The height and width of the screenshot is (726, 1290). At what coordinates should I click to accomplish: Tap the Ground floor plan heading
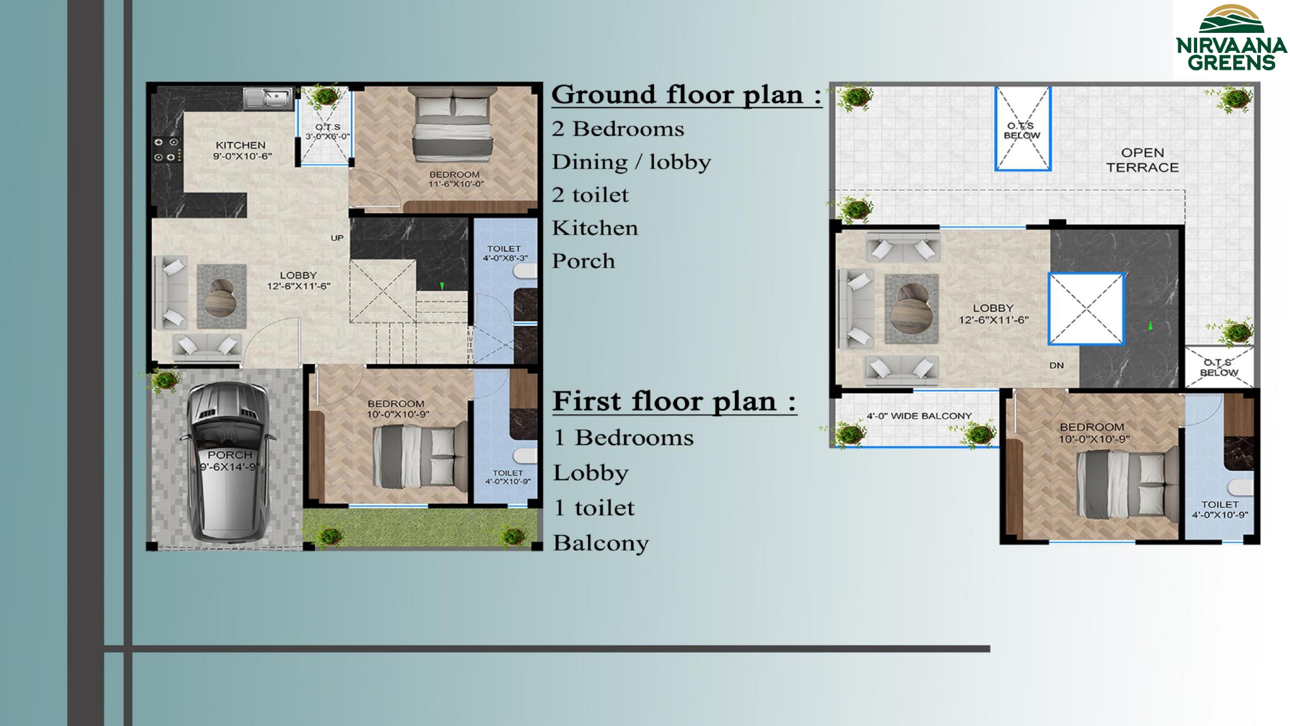point(687,96)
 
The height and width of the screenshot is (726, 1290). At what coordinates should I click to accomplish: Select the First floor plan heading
point(675,401)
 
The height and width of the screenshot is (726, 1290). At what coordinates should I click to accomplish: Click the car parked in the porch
point(228,461)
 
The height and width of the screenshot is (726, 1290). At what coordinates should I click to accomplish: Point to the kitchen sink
point(268,97)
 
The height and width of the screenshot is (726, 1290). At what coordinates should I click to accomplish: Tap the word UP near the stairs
point(337,238)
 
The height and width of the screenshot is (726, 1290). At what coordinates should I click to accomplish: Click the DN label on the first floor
point(1057,365)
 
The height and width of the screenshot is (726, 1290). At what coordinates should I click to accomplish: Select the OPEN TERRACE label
point(1142,160)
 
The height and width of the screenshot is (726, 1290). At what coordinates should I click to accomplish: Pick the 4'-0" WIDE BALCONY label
point(919,416)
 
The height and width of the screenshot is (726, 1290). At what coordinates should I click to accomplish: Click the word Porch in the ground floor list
point(584,261)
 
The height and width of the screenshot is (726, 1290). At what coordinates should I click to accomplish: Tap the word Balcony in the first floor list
point(601,543)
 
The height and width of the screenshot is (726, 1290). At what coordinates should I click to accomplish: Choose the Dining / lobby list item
point(631,162)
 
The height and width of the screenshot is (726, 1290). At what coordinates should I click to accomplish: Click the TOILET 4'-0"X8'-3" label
point(505,253)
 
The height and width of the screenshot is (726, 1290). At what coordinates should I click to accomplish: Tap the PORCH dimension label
point(230,461)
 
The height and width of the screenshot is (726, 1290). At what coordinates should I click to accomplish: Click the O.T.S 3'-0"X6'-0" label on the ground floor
point(328,132)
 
